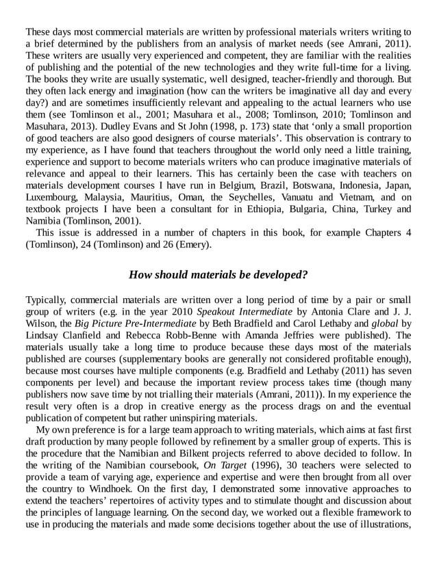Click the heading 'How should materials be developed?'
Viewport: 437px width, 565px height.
tap(218, 275)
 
